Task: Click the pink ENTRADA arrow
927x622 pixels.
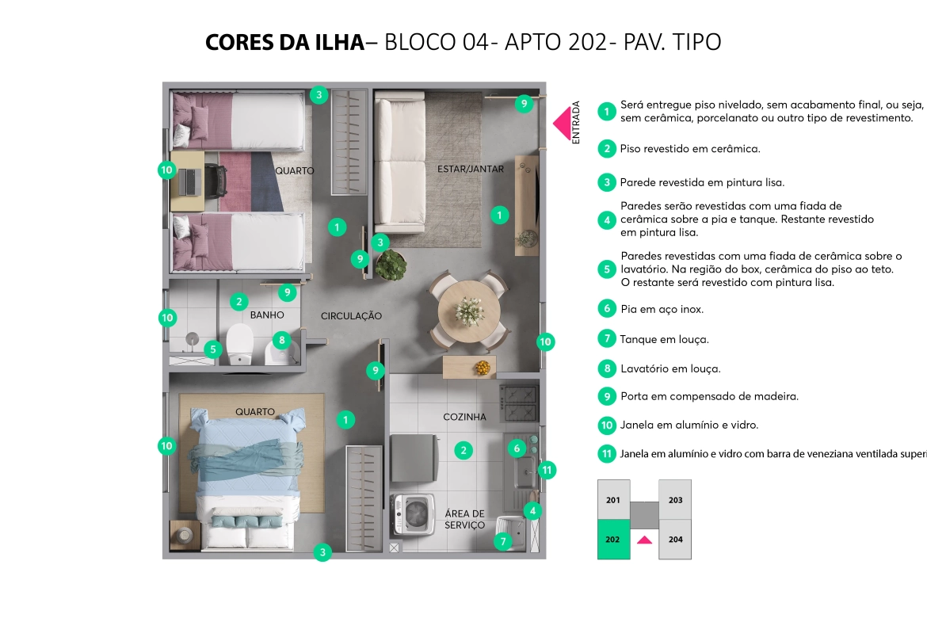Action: pos(563,123)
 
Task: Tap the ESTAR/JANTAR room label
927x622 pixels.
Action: pos(471,169)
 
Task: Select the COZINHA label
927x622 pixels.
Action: pos(464,417)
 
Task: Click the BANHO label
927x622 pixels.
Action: pos(267,315)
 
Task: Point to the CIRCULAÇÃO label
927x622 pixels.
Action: pos(351,315)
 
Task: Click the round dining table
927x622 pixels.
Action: pos(469,310)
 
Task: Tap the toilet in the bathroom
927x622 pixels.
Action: pos(240,344)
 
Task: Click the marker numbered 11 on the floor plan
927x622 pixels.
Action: pos(547,470)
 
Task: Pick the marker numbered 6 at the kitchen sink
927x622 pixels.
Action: pos(517,448)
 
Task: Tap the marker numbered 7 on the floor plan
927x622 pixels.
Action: pos(503,541)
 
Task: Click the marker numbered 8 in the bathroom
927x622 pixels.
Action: pos(282,340)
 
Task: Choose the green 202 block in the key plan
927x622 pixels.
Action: pos(613,540)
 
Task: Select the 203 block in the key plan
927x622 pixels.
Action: pos(675,500)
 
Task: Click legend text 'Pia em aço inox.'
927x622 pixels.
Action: pos(662,309)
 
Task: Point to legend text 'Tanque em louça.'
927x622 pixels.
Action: pos(665,339)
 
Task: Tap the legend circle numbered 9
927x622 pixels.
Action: pos(607,396)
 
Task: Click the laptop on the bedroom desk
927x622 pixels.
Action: pos(191,182)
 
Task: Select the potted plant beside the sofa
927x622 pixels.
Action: pos(390,265)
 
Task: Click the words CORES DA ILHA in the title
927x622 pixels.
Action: pos(285,42)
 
